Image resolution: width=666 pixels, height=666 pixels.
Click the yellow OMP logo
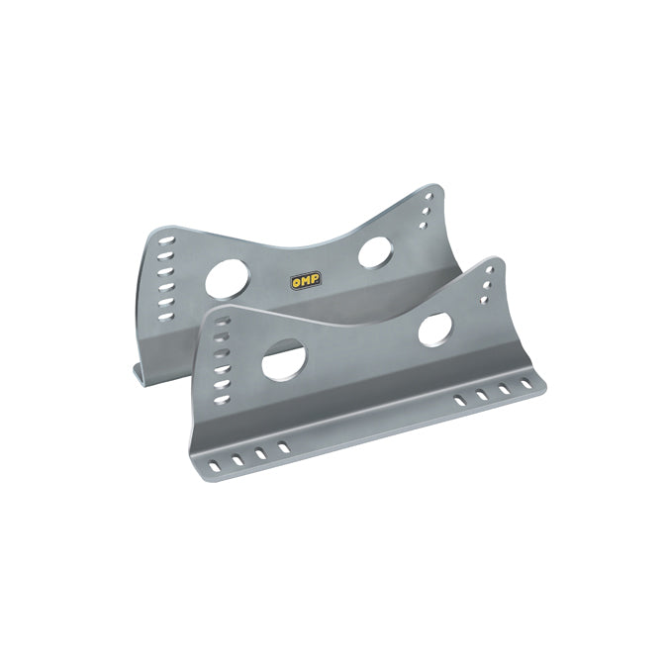306,280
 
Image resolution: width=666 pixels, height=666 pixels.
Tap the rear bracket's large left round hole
228,278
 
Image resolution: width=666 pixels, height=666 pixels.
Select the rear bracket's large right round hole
375,252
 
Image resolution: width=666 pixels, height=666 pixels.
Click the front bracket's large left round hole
284,360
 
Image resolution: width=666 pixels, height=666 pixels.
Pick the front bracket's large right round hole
435,331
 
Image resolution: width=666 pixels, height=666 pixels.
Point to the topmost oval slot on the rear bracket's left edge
166,241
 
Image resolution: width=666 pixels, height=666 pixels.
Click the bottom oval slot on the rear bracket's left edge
166,317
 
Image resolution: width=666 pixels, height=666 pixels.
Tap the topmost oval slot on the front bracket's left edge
223,321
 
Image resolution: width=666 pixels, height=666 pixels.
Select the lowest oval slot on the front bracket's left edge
222,399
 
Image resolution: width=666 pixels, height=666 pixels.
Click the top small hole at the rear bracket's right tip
428,197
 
